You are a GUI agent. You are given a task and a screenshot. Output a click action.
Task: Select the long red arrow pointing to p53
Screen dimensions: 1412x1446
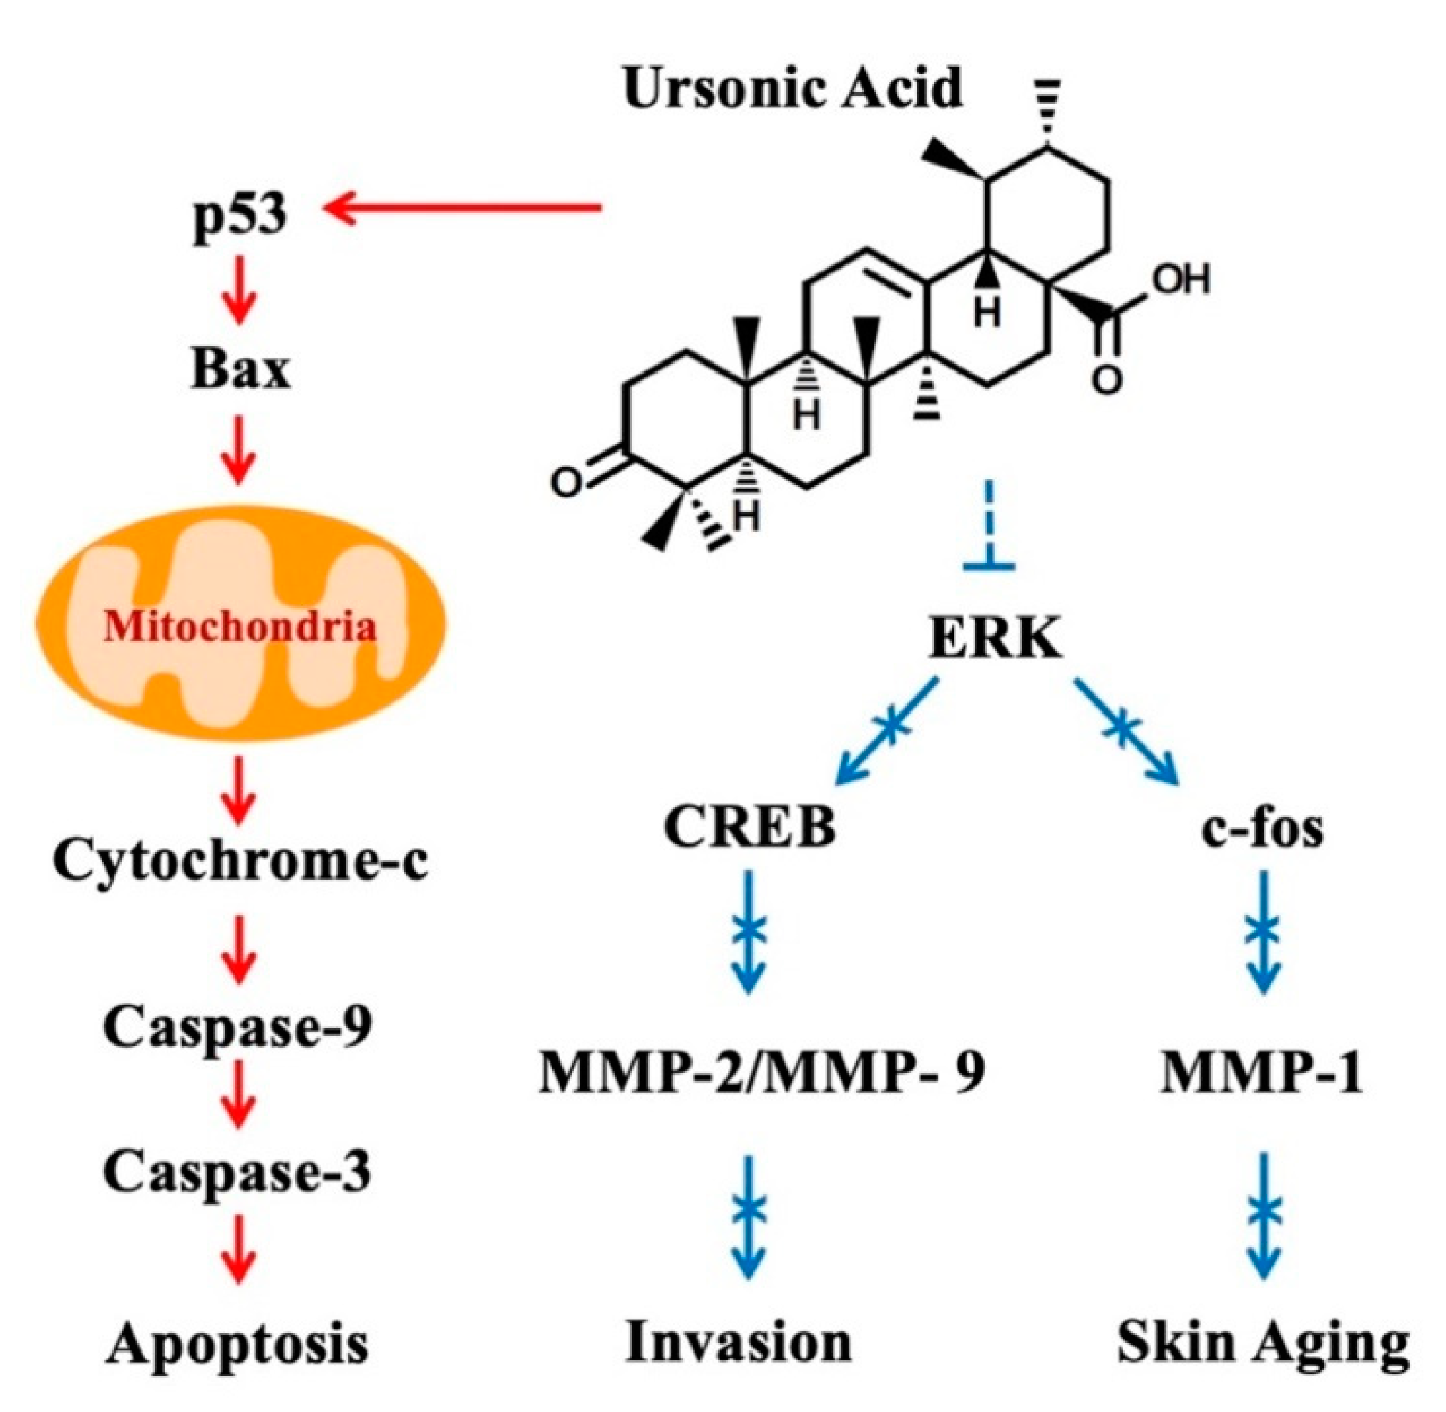click(x=464, y=208)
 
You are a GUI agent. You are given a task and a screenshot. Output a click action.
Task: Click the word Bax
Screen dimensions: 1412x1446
click(x=240, y=369)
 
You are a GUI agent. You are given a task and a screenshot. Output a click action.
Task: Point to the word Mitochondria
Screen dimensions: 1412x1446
click(x=240, y=628)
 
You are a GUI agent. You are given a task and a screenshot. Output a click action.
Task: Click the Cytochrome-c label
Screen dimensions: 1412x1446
click(x=240, y=860)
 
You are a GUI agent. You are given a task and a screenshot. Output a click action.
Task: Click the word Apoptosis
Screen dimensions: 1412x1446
click(x=238, y=1344)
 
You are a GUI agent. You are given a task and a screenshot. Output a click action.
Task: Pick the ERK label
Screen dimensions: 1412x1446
click(x=995, y=639)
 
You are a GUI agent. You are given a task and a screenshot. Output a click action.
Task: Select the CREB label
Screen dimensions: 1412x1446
click(x=750, y=827)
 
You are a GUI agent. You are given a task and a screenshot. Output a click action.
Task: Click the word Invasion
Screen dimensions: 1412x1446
click(x=738, y=1344)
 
